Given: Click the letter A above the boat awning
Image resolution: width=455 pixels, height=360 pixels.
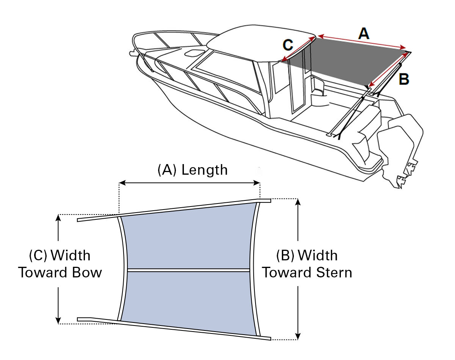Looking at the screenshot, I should (363, 34).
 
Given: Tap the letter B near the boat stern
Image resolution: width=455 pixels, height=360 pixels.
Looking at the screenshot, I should (404, 80).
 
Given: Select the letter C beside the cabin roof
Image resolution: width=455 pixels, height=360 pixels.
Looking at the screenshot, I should (288, 45).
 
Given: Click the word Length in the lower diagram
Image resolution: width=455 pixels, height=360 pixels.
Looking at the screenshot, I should (204, 170).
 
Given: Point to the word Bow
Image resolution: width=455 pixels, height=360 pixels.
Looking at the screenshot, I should (88, 272).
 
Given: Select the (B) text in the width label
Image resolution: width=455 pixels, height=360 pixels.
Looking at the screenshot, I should (285, 255).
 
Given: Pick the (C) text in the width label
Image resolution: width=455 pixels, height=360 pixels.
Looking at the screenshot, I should (38, 255).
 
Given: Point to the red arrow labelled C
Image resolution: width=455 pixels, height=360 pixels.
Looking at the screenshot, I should (298, 49).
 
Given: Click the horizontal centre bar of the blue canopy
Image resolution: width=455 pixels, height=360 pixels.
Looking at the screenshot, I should (188, 270).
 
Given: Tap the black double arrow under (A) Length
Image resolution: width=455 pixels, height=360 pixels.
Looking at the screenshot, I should (190, 183).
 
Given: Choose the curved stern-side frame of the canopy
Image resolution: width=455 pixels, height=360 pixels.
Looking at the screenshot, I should (254, 269).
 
